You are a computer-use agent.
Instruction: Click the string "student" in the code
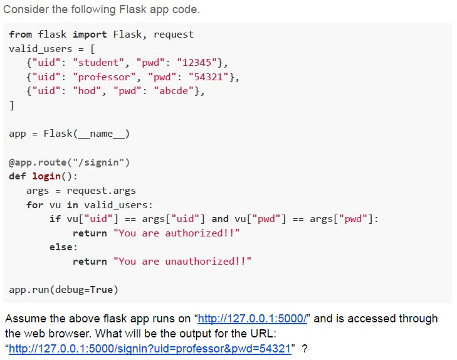point(99,63)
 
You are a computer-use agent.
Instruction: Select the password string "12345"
point(197,63)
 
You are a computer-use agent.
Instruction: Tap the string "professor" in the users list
point(104,77)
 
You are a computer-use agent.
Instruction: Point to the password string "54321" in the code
point(208,77)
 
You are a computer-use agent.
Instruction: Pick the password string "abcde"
point(174,91)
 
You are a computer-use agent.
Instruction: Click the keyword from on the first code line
point(21,34)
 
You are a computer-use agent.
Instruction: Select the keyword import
point(90,34)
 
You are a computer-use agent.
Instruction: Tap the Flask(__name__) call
point(87,134)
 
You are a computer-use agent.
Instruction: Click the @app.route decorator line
point(69,162)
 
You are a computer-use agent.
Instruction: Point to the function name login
point(46,176)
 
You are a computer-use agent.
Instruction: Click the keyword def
point(18,176)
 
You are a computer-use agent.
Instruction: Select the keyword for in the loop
point(34,205)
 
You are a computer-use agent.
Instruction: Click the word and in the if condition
point(220,219)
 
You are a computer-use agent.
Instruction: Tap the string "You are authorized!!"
point(177,233)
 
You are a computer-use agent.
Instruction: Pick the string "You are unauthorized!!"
point(182,262)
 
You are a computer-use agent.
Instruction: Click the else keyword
point(61,247)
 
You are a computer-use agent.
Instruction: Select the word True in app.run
point(101,290)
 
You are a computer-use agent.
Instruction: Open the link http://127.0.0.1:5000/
point(253,319)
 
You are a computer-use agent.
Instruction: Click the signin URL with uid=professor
point(150,349)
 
